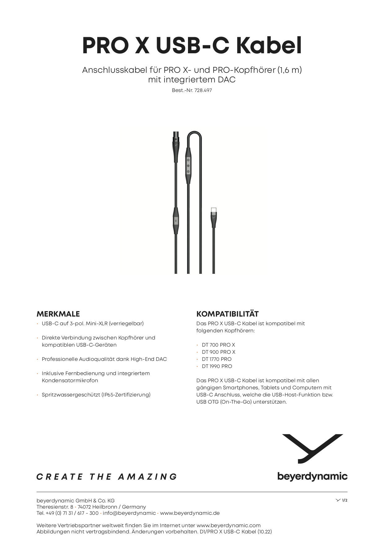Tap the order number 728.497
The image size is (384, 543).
(x=203, y=90)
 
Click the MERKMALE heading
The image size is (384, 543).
(x=58, y=314)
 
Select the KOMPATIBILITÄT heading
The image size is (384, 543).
(x=227, y=314)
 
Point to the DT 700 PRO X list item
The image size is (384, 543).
(x=218, y=345)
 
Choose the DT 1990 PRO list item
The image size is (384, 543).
(x=217, y=366)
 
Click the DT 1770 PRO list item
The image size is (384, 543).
(x=216, y=359)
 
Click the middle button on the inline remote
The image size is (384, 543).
(x=188, y=166)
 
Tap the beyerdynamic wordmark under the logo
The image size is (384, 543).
(x=312, y=476)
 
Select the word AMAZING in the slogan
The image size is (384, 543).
(x=147, y=477)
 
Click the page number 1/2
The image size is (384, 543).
(x=344, y=500)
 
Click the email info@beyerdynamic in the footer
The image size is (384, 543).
(x=129, y=513)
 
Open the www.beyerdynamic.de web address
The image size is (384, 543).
(x=190, y=513)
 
